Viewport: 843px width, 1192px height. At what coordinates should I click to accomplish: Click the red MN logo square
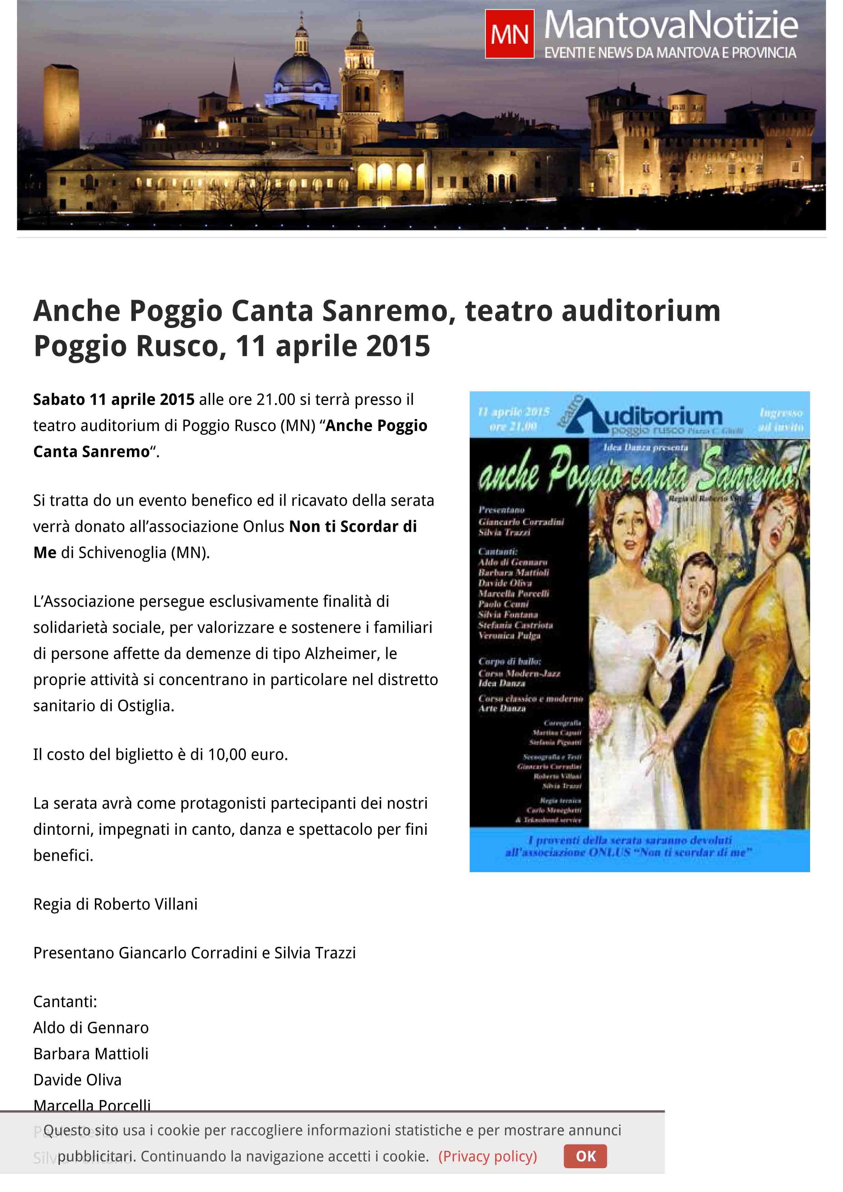509,34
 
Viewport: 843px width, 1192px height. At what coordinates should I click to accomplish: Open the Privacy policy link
487,1156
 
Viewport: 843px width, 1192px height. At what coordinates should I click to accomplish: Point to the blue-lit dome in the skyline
301,73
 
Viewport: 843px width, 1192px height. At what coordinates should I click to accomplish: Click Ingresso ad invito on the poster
781,419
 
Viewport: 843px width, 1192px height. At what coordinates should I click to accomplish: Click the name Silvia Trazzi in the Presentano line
315,953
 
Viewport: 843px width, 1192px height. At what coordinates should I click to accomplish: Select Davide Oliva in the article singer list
78,1079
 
